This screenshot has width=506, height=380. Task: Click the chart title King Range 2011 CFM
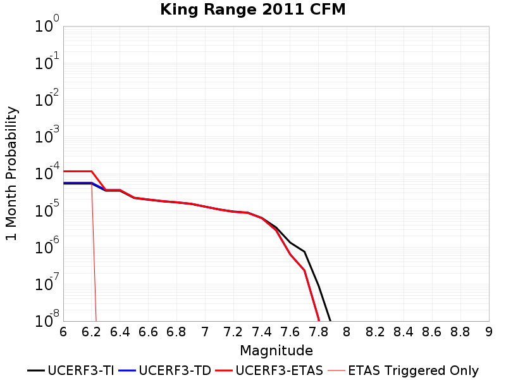(252, 9)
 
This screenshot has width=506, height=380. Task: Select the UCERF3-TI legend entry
(71, 370)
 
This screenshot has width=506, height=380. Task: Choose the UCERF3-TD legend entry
(165, 370)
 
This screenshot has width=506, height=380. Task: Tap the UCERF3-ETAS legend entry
(269, 370)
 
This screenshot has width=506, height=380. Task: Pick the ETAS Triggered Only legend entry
(403, 370)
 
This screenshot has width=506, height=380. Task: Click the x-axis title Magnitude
(276, 351)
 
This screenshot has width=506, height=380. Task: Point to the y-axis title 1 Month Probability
(11, 174)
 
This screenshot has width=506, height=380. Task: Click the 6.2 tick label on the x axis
(91, 332)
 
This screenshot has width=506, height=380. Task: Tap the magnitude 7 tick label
(205, 332)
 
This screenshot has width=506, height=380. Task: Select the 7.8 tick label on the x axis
(318, 332)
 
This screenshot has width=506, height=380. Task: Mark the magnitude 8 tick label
(347, 332)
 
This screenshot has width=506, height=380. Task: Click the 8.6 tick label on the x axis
(432, 332)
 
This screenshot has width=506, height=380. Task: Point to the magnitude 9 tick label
(488, 332)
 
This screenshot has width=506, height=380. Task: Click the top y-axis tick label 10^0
(47, 23)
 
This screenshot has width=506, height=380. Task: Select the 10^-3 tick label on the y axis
(47, 134)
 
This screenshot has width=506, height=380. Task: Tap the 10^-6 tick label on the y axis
(47, 245)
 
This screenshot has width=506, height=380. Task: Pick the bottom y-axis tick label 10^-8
(47, 319)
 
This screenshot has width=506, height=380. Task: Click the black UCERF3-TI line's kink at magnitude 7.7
(304, 251)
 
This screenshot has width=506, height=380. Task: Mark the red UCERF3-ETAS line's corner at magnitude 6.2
(92, 171)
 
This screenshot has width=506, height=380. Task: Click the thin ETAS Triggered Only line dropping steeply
(94, 252)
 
